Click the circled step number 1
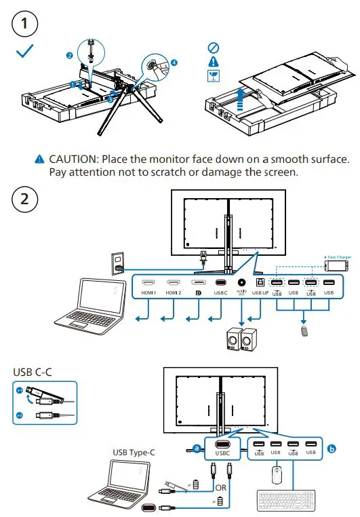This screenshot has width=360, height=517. click(x=26, y=24)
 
